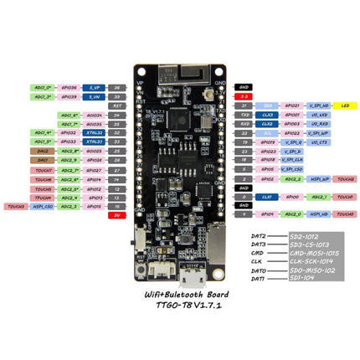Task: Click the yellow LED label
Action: pyautogui.click(x=345, y=105)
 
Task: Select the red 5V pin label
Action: pyautogui.click(x=118, y=214)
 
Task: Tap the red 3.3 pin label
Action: pyautogui.click(x=244, y=96)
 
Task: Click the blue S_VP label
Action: pyautogui.click(x=94, y=86)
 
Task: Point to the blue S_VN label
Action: pyautogui.click(x=94, y=96)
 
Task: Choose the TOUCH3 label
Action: pyautogui.click(x=14, y=205)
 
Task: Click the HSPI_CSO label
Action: pyautogui.click(x=43, y=205)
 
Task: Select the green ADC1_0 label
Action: pyautogui.click(x=43, y=86)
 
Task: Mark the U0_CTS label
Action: pyautogui.click(x=317, y=142)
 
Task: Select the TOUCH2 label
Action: pyautogui.click(x=345, y=178)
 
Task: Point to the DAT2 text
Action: pyautogui.click(x=259, y=237)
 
